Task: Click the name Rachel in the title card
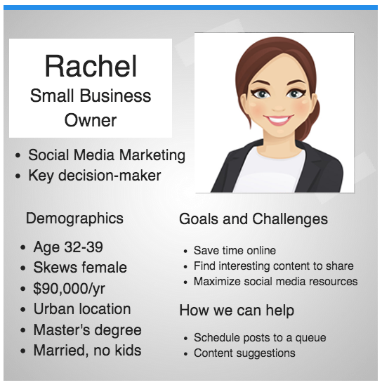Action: [91, 66]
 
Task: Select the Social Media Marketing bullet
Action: [107, 155]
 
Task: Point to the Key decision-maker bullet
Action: [94, 176]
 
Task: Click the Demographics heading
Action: [74, 218]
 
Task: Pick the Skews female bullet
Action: [80, 268]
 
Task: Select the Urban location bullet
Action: [82, 309]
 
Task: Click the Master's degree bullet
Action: [87, 329]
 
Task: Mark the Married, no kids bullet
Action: [87, 350]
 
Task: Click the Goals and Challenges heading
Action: [253, 218]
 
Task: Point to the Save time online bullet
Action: [235, 250]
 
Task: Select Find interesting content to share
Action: [273, 266]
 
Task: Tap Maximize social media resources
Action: [275, 281]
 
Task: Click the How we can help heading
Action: [237, 310]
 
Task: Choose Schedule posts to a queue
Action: [260, 337]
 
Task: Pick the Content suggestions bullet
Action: [244, 353]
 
